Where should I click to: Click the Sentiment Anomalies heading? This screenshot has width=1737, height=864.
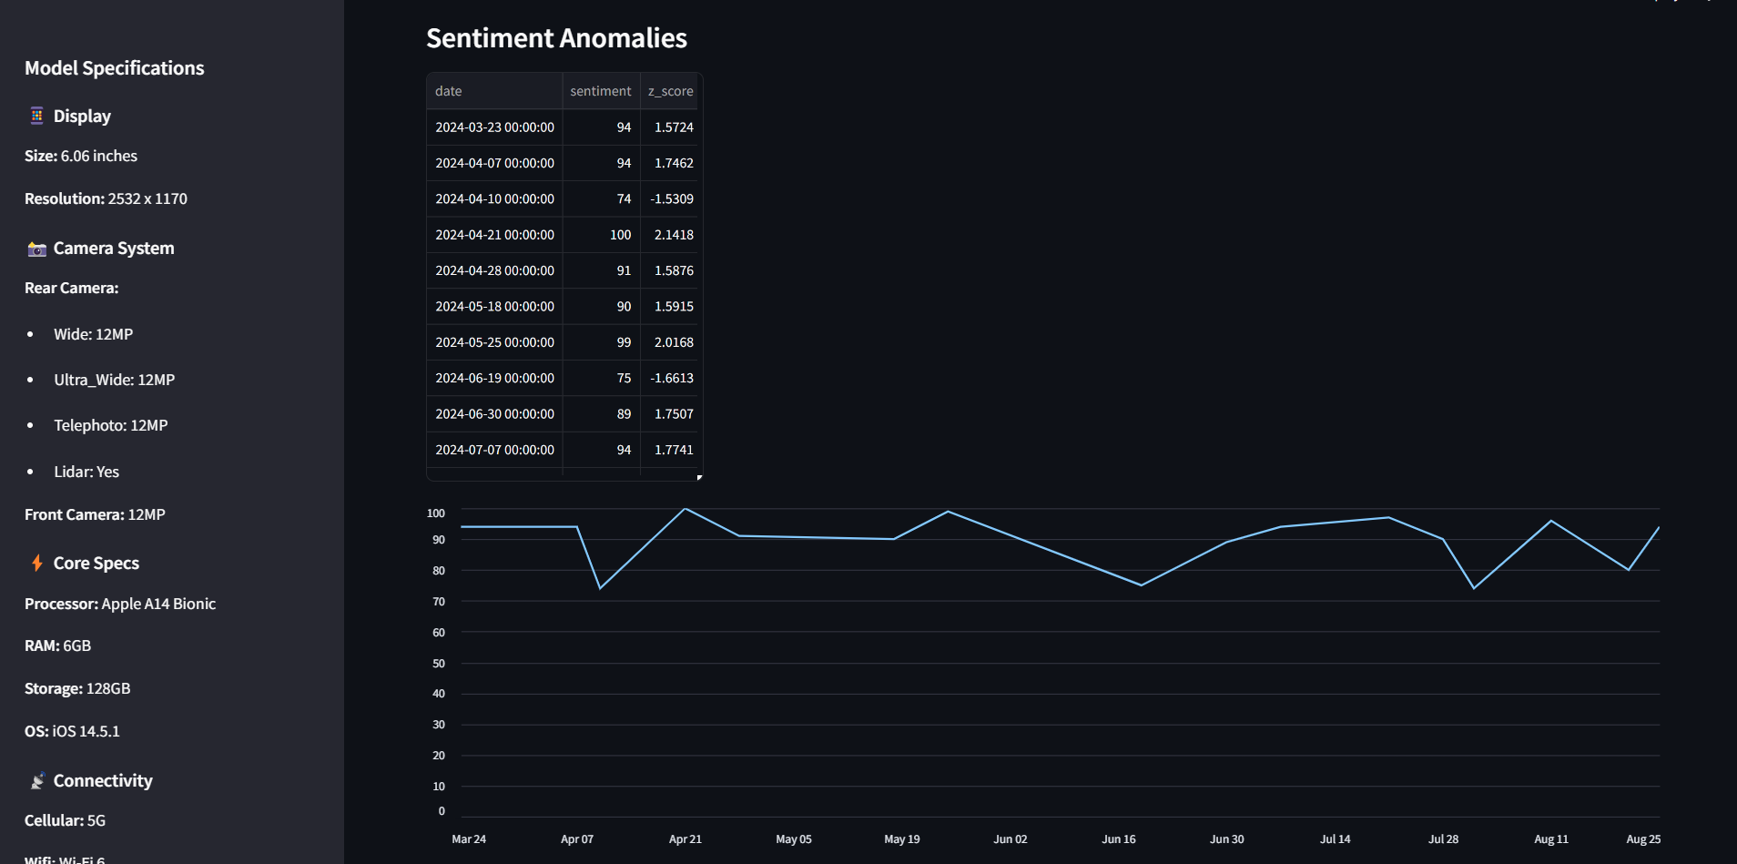pyautogui.click(x=556, y=38)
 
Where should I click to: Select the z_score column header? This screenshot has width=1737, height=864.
pyautogui.click(x=670, y=91)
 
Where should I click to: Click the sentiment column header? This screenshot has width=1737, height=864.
pyautogui.click(x=600, y=91)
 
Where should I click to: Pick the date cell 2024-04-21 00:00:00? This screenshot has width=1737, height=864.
pyautogui.click(x=494, y=235)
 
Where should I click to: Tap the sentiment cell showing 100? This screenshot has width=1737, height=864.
pyautogui.click(x=620, y=235)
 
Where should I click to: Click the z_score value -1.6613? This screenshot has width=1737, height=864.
pyautogui.click(x=672, y=378)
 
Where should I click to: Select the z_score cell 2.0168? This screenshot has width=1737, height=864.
pyautogui.click(x=674, y=342)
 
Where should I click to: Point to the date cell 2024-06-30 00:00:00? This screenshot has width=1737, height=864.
pyautogui.click(x=494, y=414)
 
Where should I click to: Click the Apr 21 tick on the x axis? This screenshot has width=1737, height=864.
pyautogui.click(x=685, y=839)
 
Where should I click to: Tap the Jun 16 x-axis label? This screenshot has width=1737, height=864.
pyautogui.click(x=1118, y=839)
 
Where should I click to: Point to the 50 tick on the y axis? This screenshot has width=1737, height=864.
pyautogui.click(x=439, y=664)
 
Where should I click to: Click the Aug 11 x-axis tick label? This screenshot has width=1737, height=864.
pyautogui.click(x=1550, y=839)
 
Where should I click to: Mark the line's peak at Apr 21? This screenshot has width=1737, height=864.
pyautogui.click(x=685, y=509)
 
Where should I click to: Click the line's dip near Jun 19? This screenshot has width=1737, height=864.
pyautogui.click(x=1141, y=584)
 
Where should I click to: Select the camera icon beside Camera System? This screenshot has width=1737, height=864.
pyautogui.click(x=36, y=249)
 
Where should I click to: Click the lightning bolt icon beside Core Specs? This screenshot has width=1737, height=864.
pyautogui.click(x=37, y=564)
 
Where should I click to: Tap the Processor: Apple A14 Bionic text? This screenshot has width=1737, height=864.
pyautogui.click(x=120, y=604)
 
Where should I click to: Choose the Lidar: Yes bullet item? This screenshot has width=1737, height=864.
pyautogui.click(x=86, y=472)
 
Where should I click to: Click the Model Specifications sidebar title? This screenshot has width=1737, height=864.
pyautogui.click(x=115, y=68)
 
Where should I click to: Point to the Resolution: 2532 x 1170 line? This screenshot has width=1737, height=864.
pyautogui.click(x=106, y=198)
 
